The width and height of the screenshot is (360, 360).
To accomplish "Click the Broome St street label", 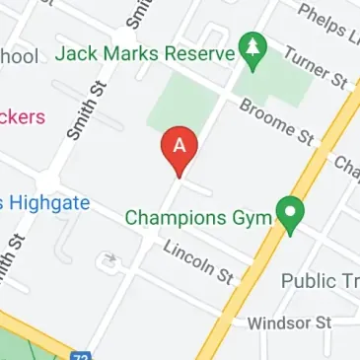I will pos(275,121).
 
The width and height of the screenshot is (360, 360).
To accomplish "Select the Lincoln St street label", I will pos(197,263).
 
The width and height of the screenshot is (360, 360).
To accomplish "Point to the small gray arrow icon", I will pos(108,262).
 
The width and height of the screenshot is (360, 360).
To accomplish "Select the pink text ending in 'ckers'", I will pos(22,117).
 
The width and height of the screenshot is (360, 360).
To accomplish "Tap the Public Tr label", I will pos(320,281).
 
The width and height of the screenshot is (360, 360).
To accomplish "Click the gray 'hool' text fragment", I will pos(20,55).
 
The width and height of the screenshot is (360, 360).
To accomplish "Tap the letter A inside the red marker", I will pos(180,144).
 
